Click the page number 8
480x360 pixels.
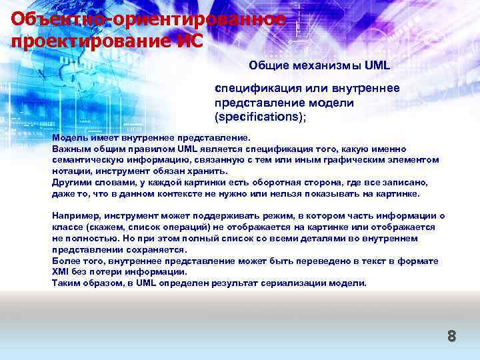coord(451,336)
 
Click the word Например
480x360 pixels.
coord(74,216)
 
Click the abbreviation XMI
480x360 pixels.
coord(62,272)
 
